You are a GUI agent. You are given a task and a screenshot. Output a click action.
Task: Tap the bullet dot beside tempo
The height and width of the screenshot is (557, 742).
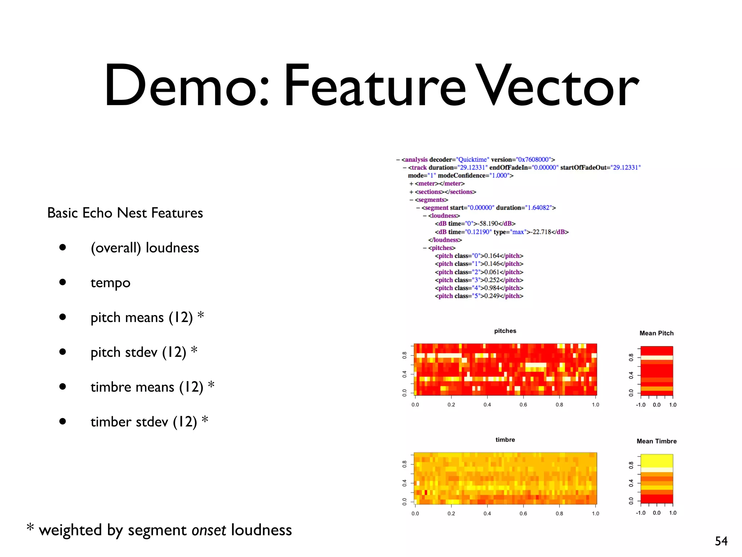coord(63,282)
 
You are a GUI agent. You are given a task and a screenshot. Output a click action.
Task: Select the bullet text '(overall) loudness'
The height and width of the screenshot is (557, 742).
coord(145,248)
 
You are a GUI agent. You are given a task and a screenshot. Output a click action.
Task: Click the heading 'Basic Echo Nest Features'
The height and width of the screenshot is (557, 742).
coord(125,213)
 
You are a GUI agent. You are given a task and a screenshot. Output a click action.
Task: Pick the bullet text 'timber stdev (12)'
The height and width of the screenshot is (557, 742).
coord(143,422)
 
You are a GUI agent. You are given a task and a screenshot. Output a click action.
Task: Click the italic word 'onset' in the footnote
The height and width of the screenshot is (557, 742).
coord(209,530)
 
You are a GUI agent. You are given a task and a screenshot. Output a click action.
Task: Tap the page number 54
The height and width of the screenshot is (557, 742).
coord(721,541)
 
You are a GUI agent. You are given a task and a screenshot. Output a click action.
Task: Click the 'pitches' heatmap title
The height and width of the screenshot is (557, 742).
coord(505,331)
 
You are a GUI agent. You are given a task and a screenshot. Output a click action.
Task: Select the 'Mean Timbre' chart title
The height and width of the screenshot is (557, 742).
coord(656,441)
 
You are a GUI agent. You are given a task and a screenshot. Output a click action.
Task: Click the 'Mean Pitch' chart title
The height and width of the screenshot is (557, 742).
coord(656,333)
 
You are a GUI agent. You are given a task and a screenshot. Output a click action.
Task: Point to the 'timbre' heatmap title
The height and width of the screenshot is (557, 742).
coord(505,440)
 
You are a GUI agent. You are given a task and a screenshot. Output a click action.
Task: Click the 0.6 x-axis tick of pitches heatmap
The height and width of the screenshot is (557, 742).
coord(523,405)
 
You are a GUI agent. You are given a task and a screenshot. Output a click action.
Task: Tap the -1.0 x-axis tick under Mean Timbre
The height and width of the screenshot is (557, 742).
coord(641,513)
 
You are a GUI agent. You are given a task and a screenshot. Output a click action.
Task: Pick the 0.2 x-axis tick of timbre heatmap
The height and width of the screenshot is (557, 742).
coord(451,513)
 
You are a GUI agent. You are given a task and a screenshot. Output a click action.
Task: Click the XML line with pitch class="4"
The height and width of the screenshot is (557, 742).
coord(479,288)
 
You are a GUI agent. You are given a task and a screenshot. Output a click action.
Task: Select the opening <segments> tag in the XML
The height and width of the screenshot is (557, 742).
coord(431,200)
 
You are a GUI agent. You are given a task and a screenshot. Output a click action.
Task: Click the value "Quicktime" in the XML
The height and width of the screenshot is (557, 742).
coord(472,160)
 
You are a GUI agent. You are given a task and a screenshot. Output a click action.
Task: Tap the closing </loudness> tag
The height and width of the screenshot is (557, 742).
coord(445,240)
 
